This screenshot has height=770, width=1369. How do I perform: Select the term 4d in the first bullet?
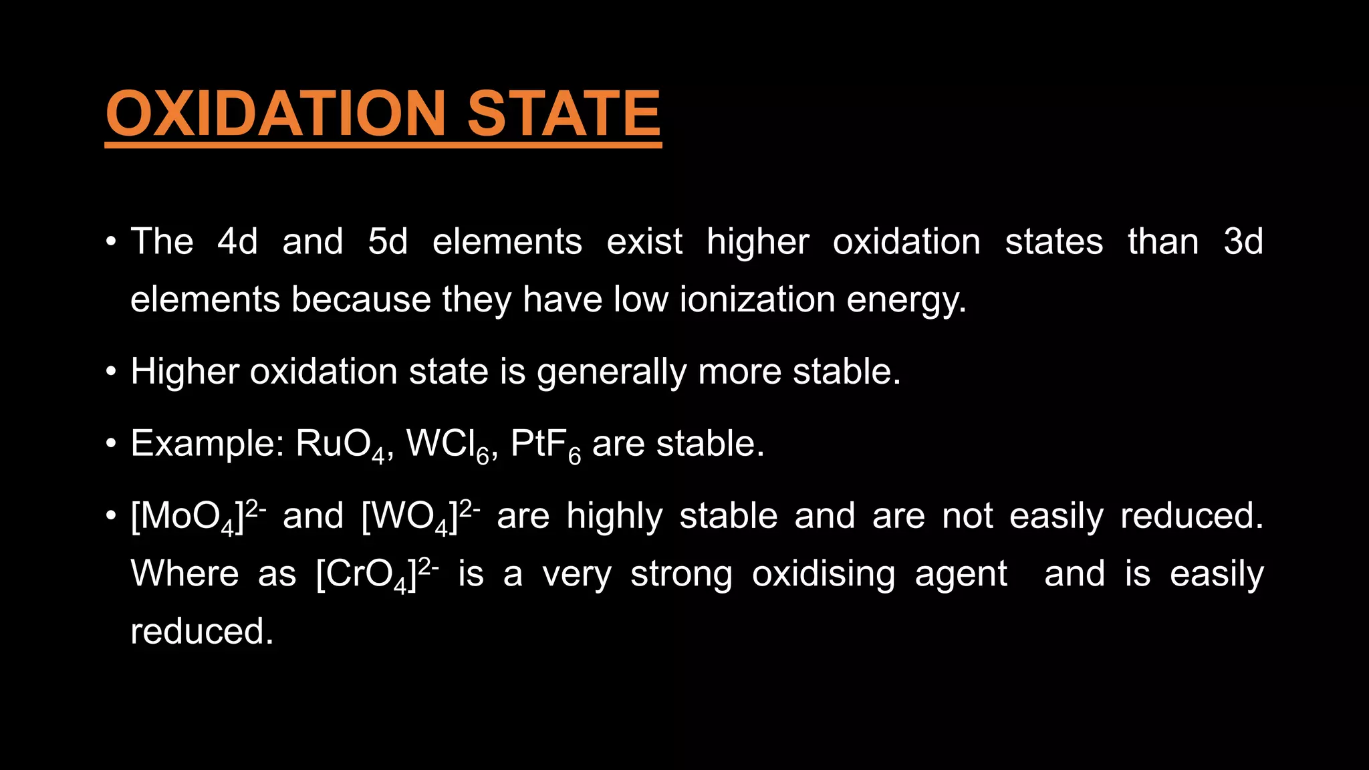(x=237, y=241)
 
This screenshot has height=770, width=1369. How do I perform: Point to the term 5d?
(x=388, y=241)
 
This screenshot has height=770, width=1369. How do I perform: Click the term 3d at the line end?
(x=1243, y=241)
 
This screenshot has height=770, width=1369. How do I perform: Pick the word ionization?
(x=757, y=299)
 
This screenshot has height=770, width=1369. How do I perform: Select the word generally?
(x=612, y=372)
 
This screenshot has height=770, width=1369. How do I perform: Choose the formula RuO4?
(x=340, y=445)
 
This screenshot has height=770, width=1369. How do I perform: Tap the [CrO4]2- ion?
(x=377, y=575)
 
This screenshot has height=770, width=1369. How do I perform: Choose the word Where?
(x=184, y=574)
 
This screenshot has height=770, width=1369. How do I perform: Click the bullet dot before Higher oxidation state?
(x=112, y=371)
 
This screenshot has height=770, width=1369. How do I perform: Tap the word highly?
(x=614, y=517)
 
